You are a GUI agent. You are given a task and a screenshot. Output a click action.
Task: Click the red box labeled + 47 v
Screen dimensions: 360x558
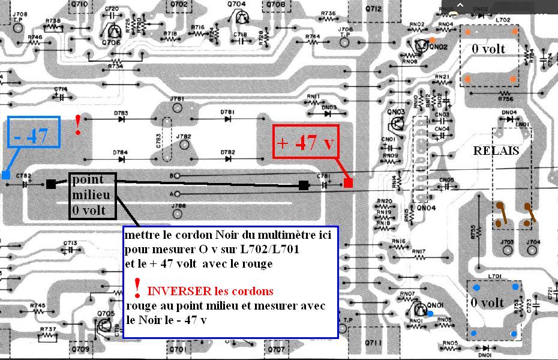[306, 142]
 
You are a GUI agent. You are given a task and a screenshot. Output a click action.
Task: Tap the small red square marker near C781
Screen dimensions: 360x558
[349, 183]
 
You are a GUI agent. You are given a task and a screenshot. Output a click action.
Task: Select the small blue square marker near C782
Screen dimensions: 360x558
[5, 175]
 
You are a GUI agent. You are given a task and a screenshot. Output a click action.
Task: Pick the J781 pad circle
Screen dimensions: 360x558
[176, 108]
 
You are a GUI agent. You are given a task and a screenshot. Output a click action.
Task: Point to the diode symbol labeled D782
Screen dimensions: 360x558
[228, 160]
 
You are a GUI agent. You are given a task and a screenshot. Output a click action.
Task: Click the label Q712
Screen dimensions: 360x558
[373, 9]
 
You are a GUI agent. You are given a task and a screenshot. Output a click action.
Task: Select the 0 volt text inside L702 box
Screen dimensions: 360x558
[488, 49]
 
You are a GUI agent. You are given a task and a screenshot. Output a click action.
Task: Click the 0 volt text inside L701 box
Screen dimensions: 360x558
[487, 303]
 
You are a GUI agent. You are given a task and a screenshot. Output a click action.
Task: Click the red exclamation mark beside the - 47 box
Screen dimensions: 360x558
[78, 124]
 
